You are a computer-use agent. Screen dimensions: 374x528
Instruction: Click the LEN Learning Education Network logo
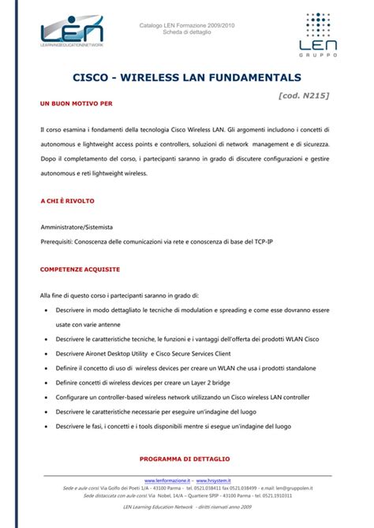pos(72,33)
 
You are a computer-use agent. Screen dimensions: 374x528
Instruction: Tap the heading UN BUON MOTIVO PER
pos(76,103)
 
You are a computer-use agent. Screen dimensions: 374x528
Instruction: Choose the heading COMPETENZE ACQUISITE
pos(80,270)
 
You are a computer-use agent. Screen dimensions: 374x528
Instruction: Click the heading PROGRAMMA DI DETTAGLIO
pos(184,458)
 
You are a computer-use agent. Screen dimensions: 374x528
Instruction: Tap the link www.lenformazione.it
pos(167,480)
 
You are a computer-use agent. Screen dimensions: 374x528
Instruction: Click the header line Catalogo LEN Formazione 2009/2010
pos(187,25)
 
